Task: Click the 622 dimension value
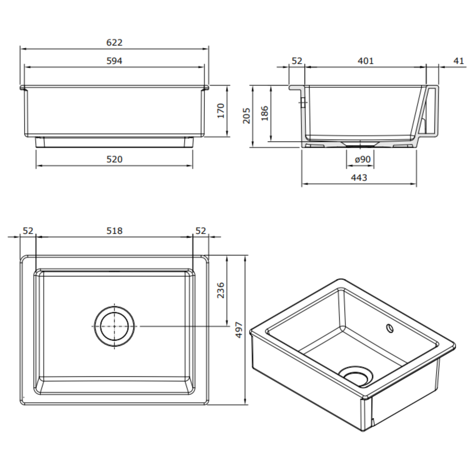(114, 43)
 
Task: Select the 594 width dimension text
(114, 61)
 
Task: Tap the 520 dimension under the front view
(114, 159)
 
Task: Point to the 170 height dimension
(221, 111)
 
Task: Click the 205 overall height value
(247, 116)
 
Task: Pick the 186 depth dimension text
(265, 113)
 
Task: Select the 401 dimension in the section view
(366, 61)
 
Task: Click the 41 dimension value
(459, 61)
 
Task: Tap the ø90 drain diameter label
(363, 159)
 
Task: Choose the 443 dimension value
(359, 178)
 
